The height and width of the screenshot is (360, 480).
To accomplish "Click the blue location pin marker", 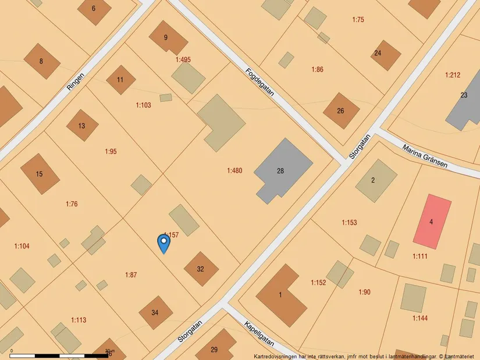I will point(164,243).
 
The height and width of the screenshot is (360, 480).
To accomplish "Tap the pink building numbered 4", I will point(432,220).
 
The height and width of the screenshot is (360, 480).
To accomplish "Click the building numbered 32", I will point(201,269).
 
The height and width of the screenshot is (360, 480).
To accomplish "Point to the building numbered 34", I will point(155,312).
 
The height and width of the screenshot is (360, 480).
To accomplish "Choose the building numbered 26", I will point(340,111).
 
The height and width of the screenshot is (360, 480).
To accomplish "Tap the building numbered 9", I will point(167,38).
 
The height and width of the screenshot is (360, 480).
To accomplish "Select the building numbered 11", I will point(120,80).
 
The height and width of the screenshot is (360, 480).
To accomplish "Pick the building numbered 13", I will point(81,125).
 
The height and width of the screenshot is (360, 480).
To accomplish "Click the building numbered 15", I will point(40,173).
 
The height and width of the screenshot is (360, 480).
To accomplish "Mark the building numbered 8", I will point(41,61).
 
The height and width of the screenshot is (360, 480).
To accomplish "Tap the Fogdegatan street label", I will point(259,85).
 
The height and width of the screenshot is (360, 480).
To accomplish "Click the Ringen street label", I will point(76,81).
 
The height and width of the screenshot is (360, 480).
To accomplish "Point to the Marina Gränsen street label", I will point(425,156).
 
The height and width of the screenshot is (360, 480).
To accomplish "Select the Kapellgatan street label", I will point(258,334).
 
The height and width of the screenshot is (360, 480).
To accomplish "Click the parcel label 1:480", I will point(234,170).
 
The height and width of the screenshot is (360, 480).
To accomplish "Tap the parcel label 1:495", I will point(183,59).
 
